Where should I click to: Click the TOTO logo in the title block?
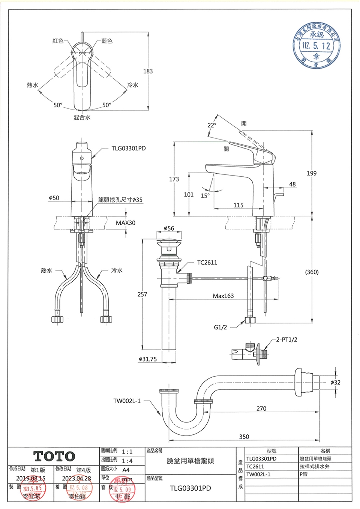tap(55, 456)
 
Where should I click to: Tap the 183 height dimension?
tap(148, 71)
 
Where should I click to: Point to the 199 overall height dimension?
tap(312, 173)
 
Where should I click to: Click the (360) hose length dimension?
tap(312, 272)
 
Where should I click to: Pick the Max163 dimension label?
tap(223, 296)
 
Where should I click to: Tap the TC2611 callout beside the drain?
tap(207, 263)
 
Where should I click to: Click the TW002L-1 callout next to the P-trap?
tap(127, 401)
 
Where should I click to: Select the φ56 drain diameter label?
tap(169, 228)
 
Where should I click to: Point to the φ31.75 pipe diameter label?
tap(148, 359)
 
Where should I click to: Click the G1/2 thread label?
tap(220, 327)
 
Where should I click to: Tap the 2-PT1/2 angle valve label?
tap(286, 339)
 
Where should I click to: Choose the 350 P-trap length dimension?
tap(244, 437)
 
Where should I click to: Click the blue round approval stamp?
tap(317, 46)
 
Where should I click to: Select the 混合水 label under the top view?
tap(82, 117)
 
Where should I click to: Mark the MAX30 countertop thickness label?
tap(126, 223)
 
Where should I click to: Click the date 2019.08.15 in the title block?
tap(31, 478)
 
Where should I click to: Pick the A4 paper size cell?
tap(126, 470)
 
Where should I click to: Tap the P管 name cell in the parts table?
tap(303, 474)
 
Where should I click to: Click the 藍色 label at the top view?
tap(107, 41)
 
